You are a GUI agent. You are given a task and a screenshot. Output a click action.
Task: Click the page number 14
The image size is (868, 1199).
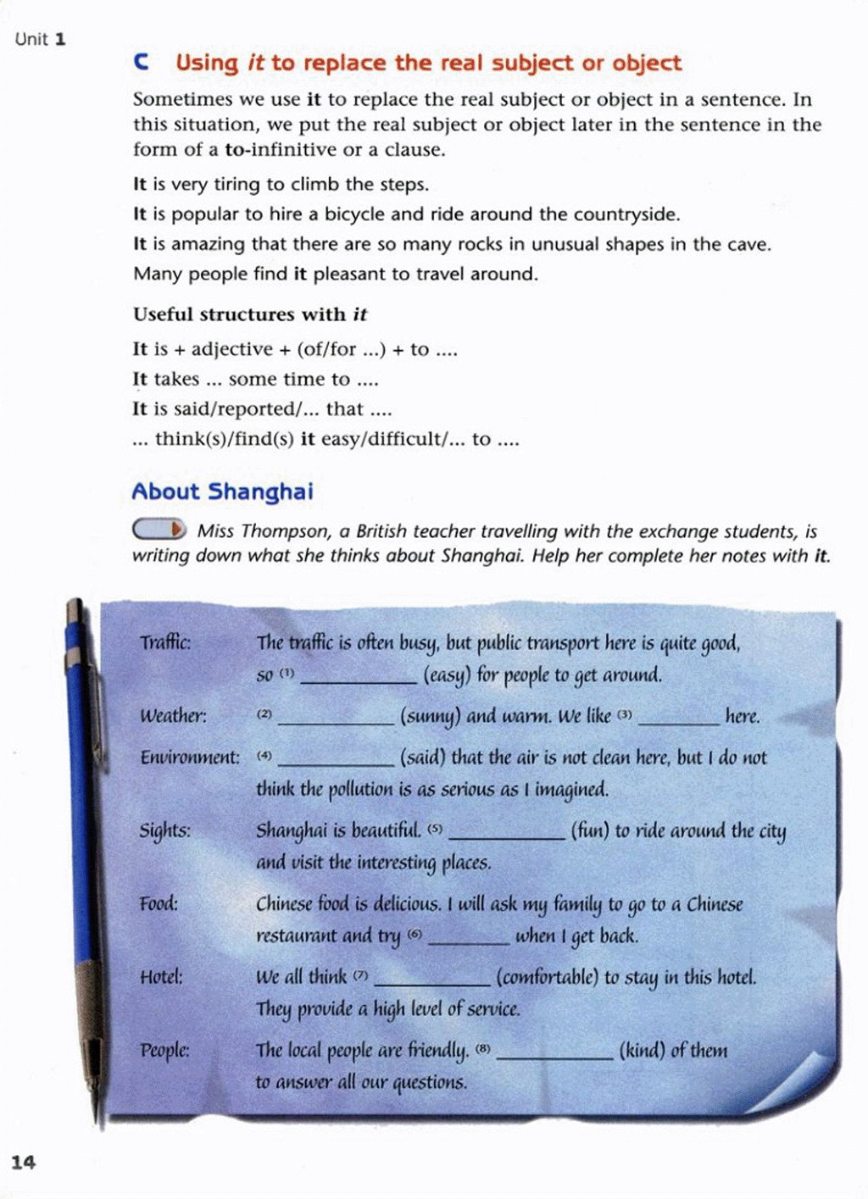click(x=24, y=1162)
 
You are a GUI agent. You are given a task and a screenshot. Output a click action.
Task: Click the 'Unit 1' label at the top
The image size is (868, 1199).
click(x=40, y=39)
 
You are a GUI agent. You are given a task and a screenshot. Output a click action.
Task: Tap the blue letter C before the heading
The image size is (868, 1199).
click(x=142, y=63)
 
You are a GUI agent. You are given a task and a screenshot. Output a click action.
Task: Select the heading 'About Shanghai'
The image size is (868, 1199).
click(x=222, y=491)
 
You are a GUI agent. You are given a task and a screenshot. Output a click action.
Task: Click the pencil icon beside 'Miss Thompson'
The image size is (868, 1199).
click(x=159, y=530)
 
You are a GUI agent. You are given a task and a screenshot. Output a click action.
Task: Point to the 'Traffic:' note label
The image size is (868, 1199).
click(x=165, y=642)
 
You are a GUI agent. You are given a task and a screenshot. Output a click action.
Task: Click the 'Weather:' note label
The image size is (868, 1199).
click(x=173, y=716)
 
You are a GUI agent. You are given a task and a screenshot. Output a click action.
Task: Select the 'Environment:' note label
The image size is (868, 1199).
click(x=190, y=757)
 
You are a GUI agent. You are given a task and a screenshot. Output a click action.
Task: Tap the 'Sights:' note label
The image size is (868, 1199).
click(x=165, y=830)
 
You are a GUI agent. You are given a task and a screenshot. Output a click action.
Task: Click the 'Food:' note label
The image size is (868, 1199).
click(x=159, y=903)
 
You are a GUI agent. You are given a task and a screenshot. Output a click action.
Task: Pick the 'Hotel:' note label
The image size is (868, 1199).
click(x=161, y=977)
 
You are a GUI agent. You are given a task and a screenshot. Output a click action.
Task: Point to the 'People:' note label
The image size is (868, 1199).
click(x=164, y=1051)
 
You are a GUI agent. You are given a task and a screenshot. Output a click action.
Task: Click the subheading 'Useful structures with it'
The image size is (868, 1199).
click(x=250, y=314)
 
